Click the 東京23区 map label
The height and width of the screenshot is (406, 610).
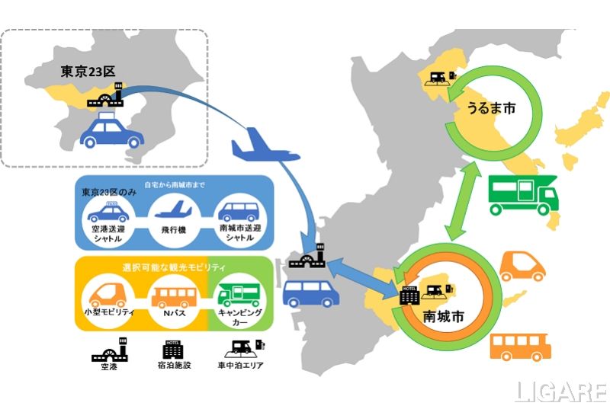pyautogui.click(x=88, y=72)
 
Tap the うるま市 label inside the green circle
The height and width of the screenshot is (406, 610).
pyautogui.click(x=490, y=110)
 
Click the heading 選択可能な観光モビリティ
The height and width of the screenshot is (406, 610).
pyautogui.click(x=173, y=267)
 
